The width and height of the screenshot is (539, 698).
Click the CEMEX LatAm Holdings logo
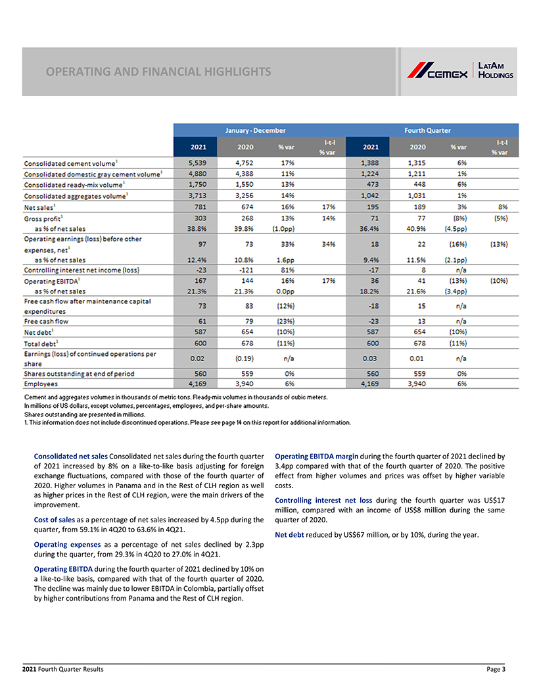pyautogui.click(x=459, y=70)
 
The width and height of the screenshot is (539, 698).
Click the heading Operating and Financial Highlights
pyautogui.click(x=158, y=71)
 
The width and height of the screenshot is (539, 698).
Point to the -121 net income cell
pyautogui.click(x=245, y=269)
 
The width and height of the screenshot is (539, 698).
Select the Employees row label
pyautogui.click(x=41, y=383)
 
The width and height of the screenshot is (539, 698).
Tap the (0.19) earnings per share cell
pyautogui.click(x=245, y=359)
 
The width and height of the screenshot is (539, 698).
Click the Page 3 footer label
pyautogui.click(x=496, y=669)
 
